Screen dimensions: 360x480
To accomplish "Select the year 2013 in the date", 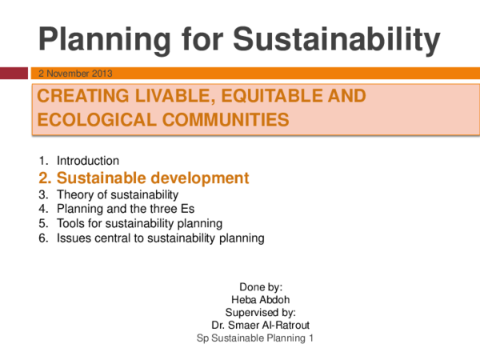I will tap(112, 74).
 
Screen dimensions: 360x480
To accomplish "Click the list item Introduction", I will tap(88, 161).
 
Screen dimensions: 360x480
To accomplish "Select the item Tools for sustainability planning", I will tap(139, 223).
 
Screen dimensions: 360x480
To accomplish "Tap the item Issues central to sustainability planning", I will tap(160, 238).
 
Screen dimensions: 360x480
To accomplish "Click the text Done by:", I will tap(256, 286).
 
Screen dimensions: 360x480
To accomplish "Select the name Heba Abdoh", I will tap(256, 299).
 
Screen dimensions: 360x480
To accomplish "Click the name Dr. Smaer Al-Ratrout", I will tap(256, 326).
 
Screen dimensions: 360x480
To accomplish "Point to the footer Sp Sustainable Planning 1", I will tap(256, 338).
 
